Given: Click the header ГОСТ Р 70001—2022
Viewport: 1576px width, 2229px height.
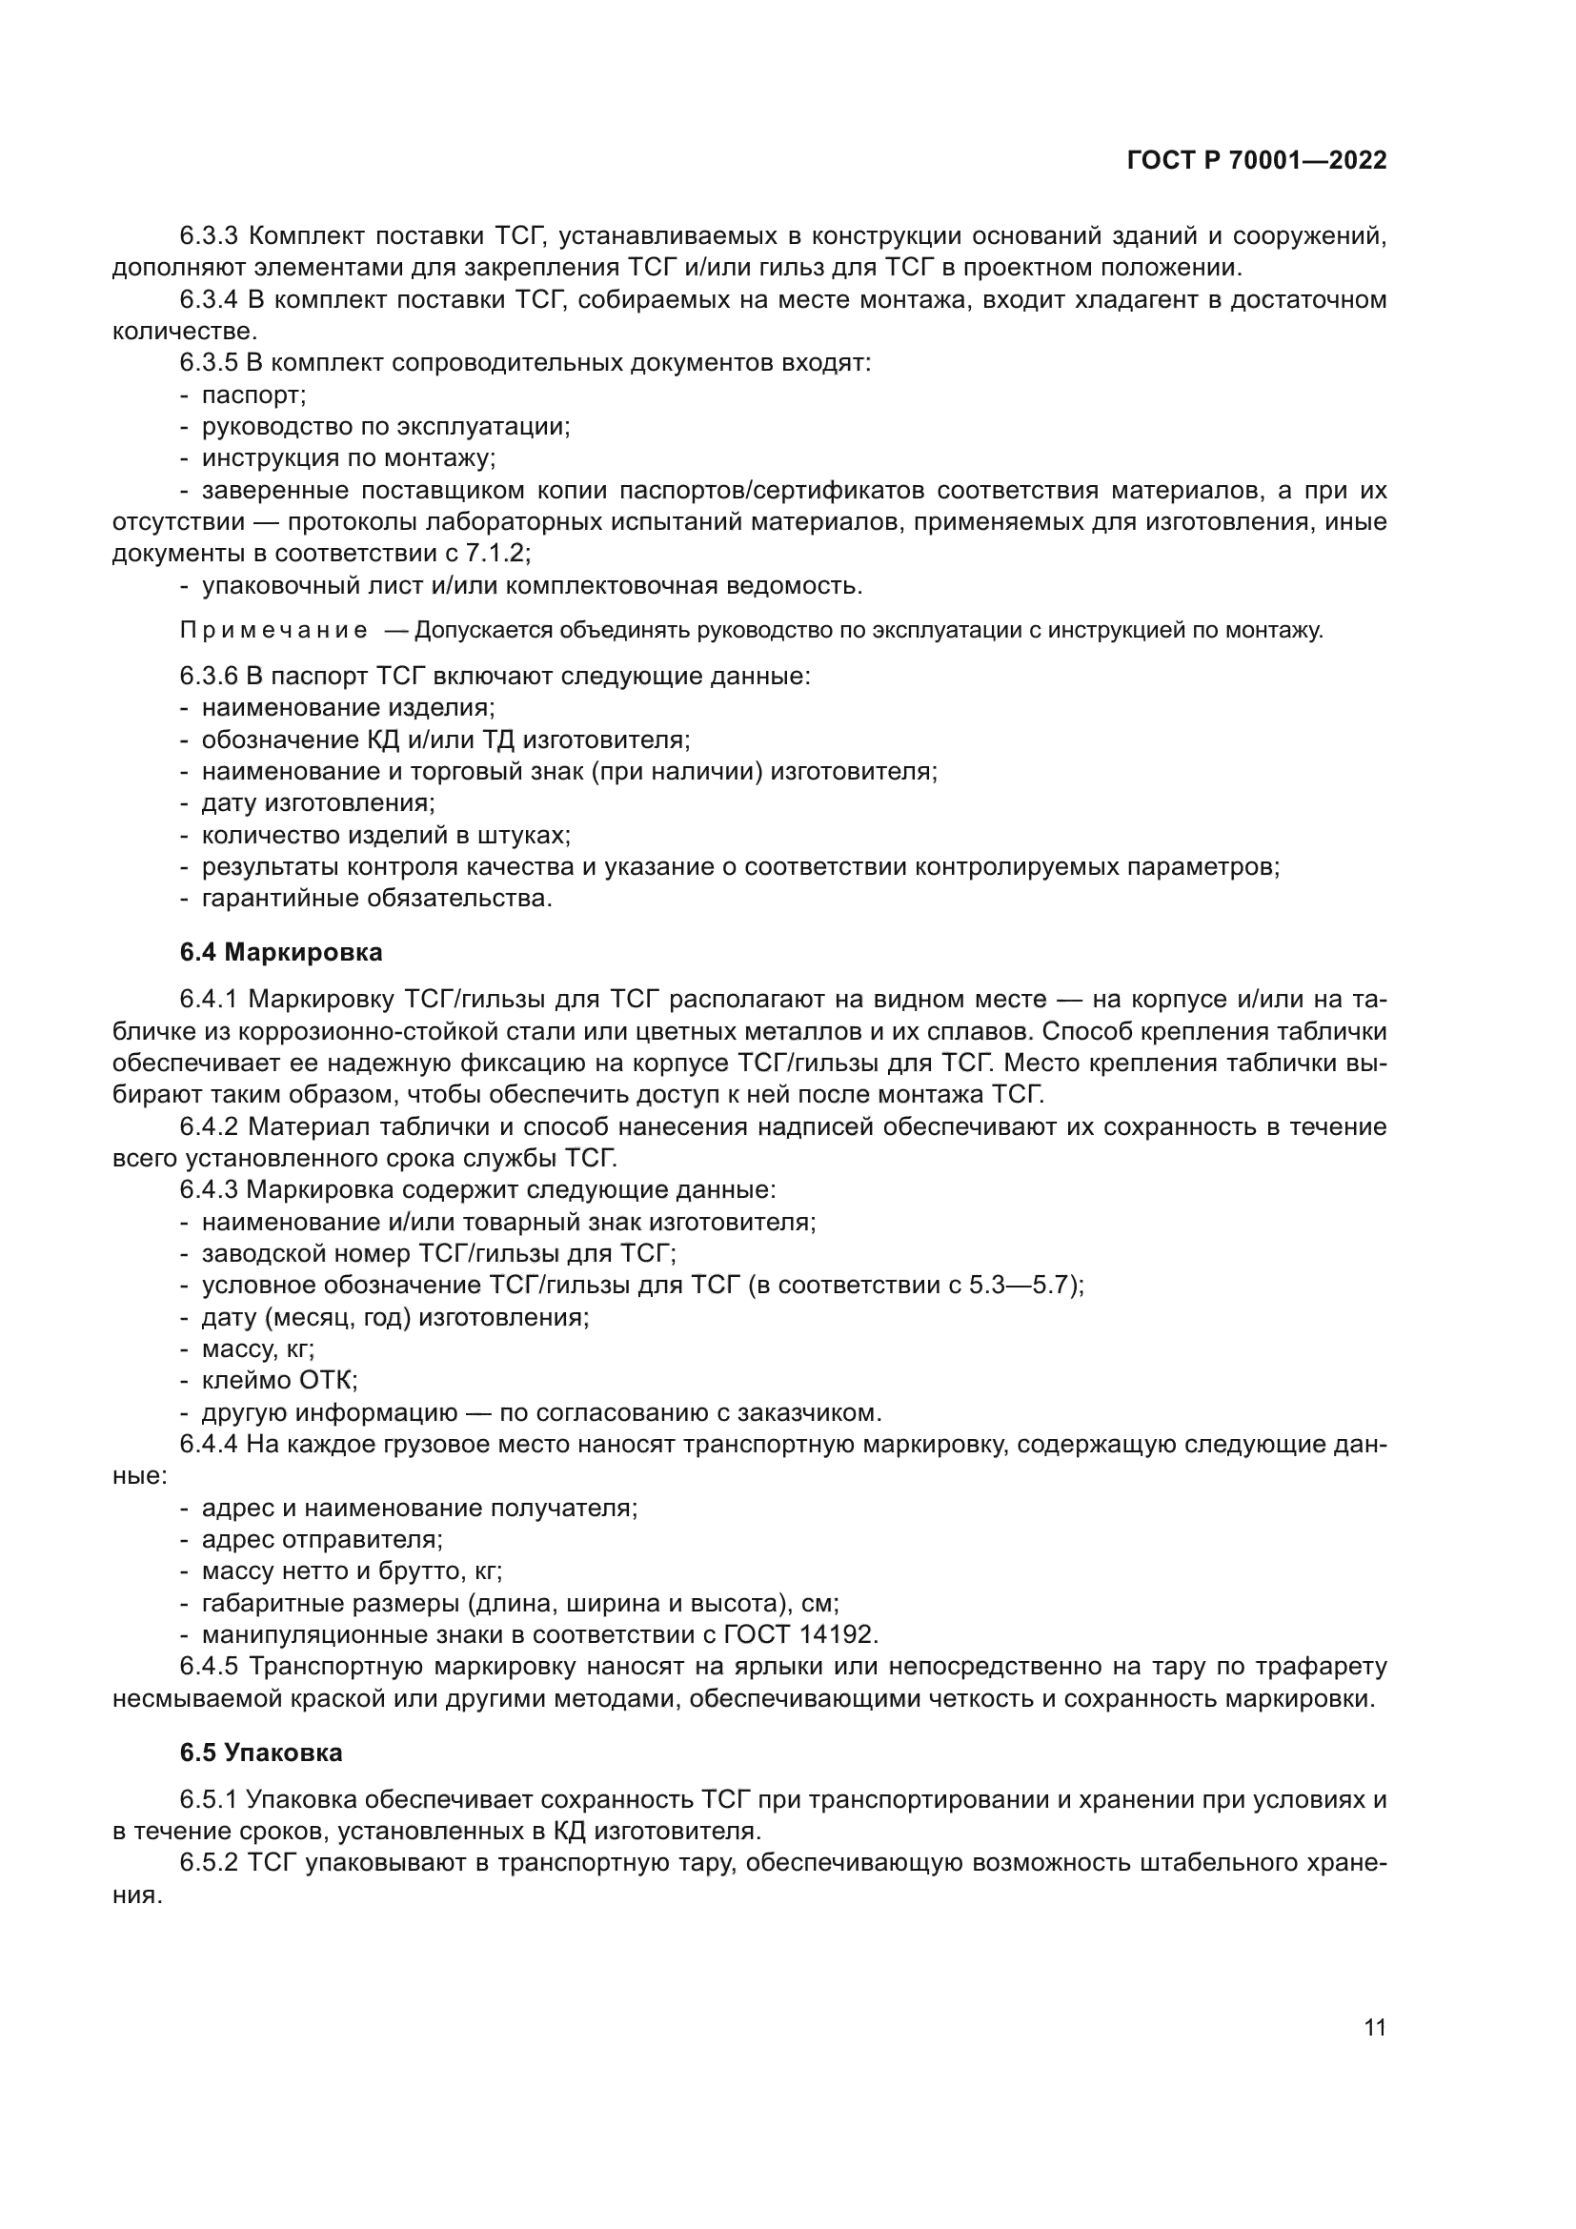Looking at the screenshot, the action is click(1257, 160).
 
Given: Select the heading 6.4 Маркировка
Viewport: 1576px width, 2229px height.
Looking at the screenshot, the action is click(280, 952).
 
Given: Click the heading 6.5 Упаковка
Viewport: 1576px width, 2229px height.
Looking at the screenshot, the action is click(261, 1753).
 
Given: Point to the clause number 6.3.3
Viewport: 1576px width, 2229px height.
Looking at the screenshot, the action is click(209, 236).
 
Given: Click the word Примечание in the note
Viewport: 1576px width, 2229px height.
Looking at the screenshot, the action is click(273, 631).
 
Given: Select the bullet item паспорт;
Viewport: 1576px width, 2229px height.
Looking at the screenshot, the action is click(253, 395).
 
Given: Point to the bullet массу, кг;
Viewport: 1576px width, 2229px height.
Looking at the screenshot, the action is click(257, 1349).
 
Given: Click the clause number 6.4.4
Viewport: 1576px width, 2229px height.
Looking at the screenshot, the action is click(209, 1445).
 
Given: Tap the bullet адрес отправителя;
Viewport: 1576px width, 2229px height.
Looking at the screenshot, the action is click(321, 1540).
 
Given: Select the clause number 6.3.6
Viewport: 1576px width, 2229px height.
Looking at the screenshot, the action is click(209, 676).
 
